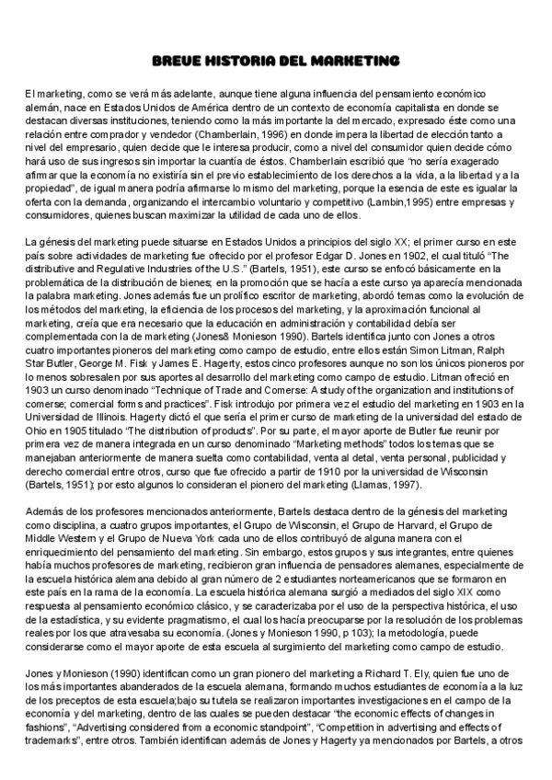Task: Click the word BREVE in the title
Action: pos(176,61)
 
